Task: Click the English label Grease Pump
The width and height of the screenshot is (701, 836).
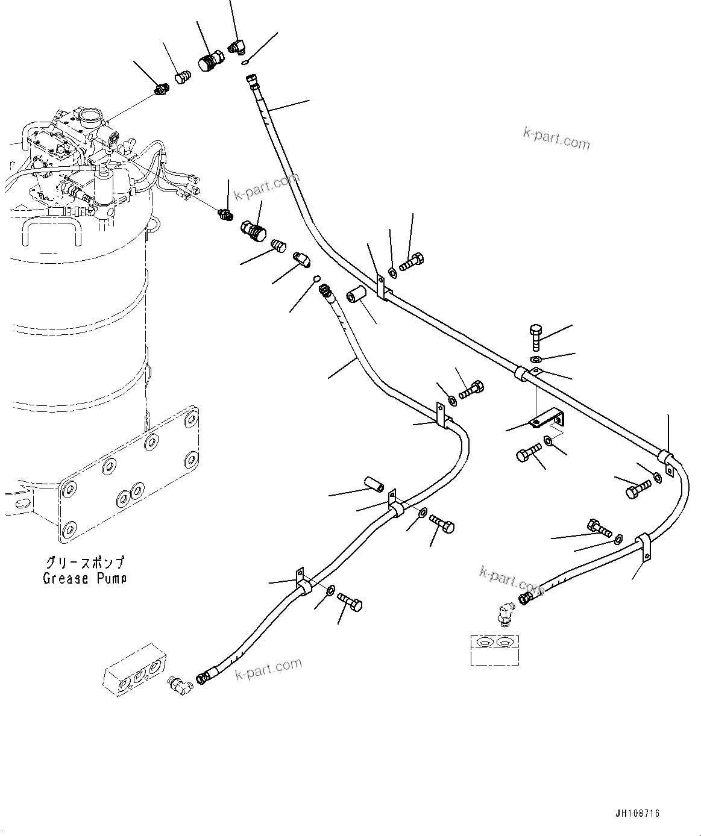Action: point(84,579)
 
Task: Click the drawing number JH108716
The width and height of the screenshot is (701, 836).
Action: point(637,813)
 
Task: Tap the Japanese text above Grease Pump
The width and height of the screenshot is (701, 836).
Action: point(85,563)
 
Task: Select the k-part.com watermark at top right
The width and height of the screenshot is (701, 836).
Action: point(556,140)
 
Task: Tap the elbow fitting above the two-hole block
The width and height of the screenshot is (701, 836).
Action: point(502,616)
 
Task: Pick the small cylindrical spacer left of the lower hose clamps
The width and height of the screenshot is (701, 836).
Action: point(374,484)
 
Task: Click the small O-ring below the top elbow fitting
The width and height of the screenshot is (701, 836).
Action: point(244,61)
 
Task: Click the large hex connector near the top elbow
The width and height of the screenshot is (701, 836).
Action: point(210,60)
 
